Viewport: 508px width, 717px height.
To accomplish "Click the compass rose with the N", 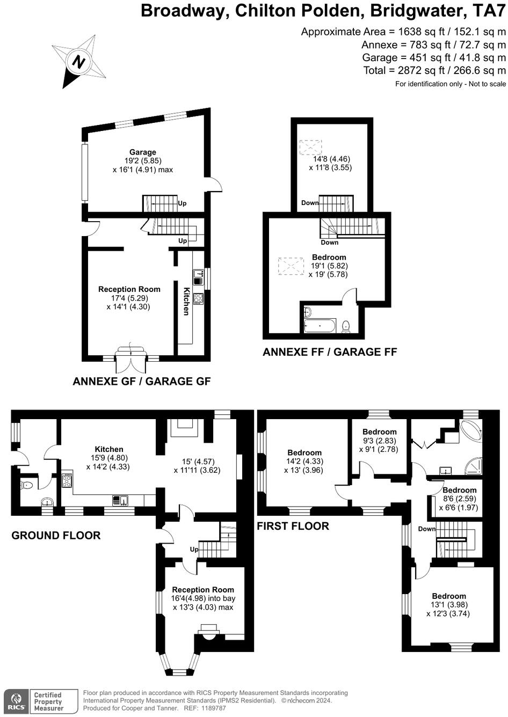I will point(79,61).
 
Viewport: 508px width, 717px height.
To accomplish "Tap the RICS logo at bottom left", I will point(16,701).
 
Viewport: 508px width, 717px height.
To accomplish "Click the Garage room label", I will point(142,152).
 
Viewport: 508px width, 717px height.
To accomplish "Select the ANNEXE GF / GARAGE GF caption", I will point(142,382).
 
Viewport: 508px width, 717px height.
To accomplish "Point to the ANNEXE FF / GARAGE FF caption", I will point(330,352).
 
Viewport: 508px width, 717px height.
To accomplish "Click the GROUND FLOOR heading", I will point(56,535).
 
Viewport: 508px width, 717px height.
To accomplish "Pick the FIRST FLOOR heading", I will point(293,526).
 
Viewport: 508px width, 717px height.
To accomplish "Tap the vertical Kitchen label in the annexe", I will point(186,301).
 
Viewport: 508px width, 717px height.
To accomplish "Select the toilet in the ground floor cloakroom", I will point(27,485).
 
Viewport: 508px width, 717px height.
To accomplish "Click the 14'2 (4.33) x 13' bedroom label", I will point(304,461).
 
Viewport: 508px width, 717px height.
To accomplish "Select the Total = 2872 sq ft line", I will point(434,70).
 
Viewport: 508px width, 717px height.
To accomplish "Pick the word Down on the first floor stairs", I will point(427,529).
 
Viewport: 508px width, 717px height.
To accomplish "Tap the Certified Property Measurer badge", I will point(48,701).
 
